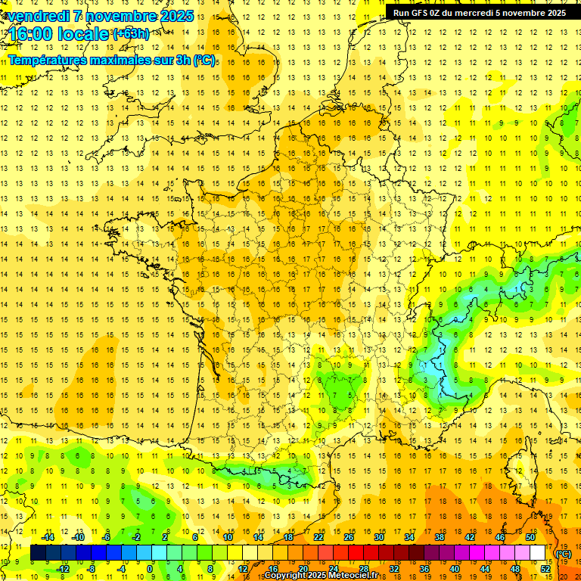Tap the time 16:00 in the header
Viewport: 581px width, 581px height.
click(x=31, y=34)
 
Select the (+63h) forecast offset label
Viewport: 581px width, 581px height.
click(x=131, y=33)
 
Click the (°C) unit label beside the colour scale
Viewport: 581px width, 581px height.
click(x=564, y=554)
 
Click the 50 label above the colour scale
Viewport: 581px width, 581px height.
click(x=530, y=537)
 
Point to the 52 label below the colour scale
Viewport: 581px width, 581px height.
click(x=545, y=569)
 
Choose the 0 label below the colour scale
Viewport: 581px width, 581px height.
click(x=151, y=569)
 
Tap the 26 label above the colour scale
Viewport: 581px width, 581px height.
click(x=349, y=537)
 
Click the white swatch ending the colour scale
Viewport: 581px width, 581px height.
click(x=538, y=553)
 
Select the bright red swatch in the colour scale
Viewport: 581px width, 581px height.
click(x=356, y=553)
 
